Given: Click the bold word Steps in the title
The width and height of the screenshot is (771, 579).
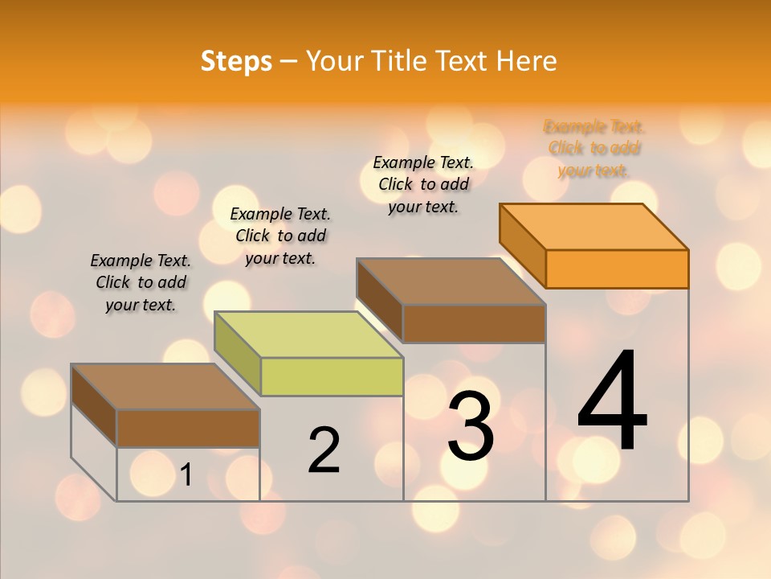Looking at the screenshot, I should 236,61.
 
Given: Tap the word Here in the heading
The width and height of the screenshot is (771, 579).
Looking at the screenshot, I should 526,61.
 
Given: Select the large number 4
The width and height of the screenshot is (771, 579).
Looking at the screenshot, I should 612,401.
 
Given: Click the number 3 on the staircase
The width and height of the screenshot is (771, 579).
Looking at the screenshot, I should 471,426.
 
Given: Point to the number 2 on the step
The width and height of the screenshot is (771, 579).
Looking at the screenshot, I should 324,450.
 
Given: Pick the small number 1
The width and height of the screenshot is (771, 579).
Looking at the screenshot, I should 186,475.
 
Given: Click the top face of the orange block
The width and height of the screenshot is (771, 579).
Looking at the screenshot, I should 594,227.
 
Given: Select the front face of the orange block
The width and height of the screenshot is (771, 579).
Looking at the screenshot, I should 617,269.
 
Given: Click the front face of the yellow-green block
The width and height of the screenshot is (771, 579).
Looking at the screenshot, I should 332,377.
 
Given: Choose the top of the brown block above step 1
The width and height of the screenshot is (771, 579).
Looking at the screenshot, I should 165,387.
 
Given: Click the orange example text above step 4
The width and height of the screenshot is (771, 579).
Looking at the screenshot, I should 594,149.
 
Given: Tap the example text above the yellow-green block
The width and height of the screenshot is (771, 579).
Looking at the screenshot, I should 280,236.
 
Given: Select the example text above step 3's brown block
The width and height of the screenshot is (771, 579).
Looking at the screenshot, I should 423,184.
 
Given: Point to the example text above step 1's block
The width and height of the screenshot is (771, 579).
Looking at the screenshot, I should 141,282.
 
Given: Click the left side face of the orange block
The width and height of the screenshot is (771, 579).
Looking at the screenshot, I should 523,244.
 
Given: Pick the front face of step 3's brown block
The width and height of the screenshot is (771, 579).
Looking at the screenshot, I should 474,324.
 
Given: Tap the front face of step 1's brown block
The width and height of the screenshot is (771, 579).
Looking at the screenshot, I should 188,429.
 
